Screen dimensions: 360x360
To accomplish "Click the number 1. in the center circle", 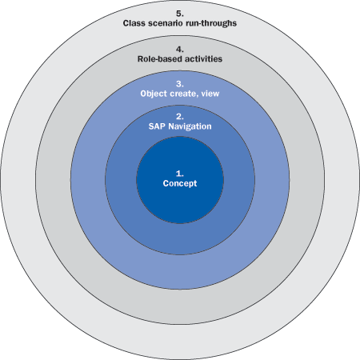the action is pyautogui.click(x=180, y=174).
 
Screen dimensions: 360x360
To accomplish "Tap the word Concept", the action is pyautogui.click(x=180, y=183).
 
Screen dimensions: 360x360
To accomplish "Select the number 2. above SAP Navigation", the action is pyautogui.click(x=180, y=117).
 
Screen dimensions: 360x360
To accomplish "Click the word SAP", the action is pyautogui.click(x=157, y=126).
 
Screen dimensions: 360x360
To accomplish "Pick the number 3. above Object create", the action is pyautogui.click(x=180, y=84).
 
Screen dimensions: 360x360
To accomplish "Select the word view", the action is pyautogui.click(x=210, y=94).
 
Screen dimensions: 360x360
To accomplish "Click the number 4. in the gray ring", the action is pyautogui.click(x=180, y=50).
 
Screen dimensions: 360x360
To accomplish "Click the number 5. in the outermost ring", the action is pyautogui.click(x=180, y=14).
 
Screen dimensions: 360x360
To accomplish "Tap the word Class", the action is pyautogui.click(x=134, y=23).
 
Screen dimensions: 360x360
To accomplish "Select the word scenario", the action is pyautogui.click(x=165, y=23).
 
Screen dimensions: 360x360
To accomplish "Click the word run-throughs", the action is pyautogui.click(x=210, y=23).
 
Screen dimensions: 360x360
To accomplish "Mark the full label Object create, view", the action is pyautogui.click(x=180, y=94).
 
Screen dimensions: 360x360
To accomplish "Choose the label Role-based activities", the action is pyautogui.click(x=180, y=58).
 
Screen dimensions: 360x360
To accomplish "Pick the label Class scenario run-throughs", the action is pyautogui.click(x=180, y=23).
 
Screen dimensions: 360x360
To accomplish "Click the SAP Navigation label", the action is pyautogui.click(x=180, y=126).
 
